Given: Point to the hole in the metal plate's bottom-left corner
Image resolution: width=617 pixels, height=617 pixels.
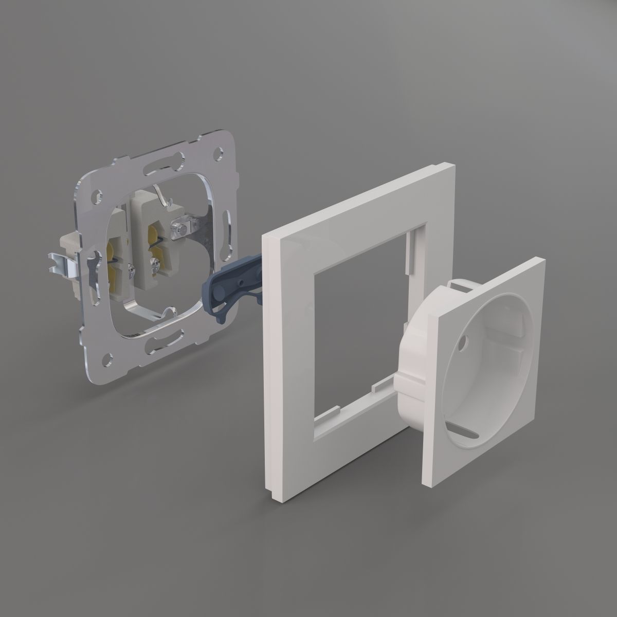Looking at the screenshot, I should (x=107, y=355).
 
